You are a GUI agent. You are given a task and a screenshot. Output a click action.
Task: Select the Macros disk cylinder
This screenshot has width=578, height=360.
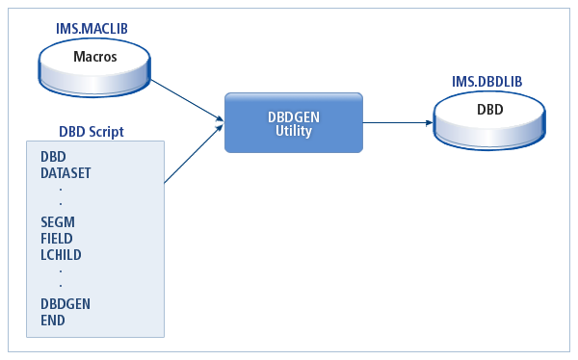pyautogui.click(x=94, y=67)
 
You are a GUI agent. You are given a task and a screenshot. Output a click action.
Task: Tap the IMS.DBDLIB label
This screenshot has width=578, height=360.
pyautogui.click(x=486, y=82)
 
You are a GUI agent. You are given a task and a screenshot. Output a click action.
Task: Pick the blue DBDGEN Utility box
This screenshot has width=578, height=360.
pyautogui.click(x=294, y=122)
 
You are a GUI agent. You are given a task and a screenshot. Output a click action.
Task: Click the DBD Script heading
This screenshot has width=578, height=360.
pyautogui.click(x=91, y=131)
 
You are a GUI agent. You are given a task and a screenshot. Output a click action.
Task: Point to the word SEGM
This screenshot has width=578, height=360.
pyautogui.click(x=58, y=221)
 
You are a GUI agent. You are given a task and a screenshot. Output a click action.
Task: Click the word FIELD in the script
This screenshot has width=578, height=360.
pyautogui.click(x=57, y=238)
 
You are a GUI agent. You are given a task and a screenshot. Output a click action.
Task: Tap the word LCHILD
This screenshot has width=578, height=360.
pyautogui.click(x=61, y=254)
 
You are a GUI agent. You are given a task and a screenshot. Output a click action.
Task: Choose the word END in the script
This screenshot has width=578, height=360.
pyautogui.click(x=53, y=320)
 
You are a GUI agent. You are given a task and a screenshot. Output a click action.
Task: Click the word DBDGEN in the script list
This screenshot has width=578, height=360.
pyautogui.click(x=66, y=303)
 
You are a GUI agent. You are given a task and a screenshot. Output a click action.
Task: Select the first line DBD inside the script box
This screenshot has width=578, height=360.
pyautogui.click(x=53, y=156)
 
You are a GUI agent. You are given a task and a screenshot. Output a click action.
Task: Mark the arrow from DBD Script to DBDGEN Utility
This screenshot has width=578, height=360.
pyautogui.click(x=193, y=155)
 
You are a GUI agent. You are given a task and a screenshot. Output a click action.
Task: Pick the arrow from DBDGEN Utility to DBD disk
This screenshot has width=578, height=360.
pyautogui.click(x=395, y=122)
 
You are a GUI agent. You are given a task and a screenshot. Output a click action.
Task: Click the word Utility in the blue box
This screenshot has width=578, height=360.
pyautogui.click(x=293, y=131)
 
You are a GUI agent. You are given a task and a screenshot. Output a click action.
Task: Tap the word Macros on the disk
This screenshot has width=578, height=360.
pyautogui.click(x=94, y=57)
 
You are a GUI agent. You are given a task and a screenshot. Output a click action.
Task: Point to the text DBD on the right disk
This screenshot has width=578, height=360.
pyautogui.click(x=489, y=109)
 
